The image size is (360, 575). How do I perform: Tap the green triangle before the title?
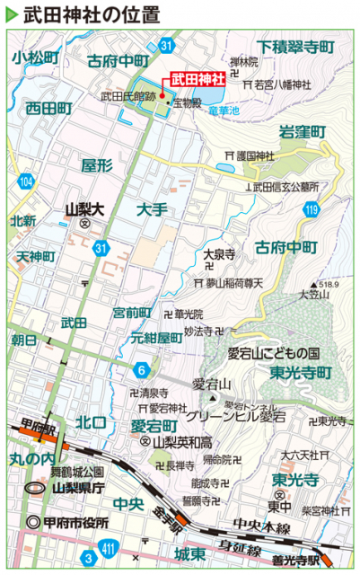[12, 15]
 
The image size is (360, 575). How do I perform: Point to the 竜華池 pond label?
[224, 110]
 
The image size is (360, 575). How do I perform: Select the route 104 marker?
[29, 182]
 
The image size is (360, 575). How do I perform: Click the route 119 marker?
[312, 210]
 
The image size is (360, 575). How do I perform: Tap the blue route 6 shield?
[142, 369]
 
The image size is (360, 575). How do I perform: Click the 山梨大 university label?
[86, 208]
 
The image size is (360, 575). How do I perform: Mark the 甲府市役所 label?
[73, 523]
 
